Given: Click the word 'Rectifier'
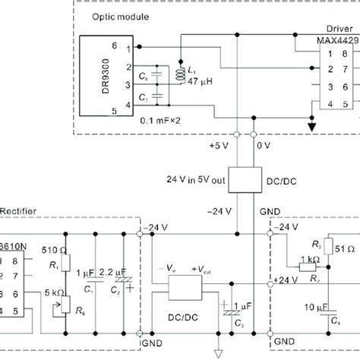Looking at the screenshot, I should [x=17, y=210].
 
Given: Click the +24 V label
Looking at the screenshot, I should [x=286, y=281].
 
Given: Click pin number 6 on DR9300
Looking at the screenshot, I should [x=115, y=46].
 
